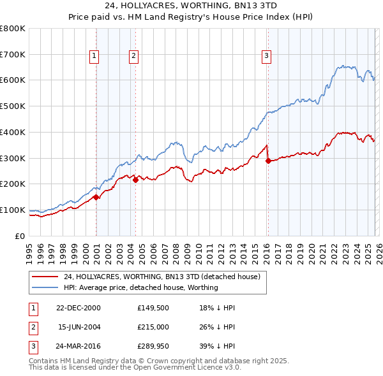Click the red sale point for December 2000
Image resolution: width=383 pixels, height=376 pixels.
tap(96, 197)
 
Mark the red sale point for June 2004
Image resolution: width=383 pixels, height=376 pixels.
tap(135, 180)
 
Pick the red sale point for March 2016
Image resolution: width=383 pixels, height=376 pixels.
tap(268, 161)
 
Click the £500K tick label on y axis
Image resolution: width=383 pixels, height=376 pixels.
tap(13, 106)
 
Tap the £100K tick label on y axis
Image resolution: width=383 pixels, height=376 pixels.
tap(13, 210)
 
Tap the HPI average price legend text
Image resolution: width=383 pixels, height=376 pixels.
tap(141, 287)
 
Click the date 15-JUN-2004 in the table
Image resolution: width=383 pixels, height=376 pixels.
tap(79, 327)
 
